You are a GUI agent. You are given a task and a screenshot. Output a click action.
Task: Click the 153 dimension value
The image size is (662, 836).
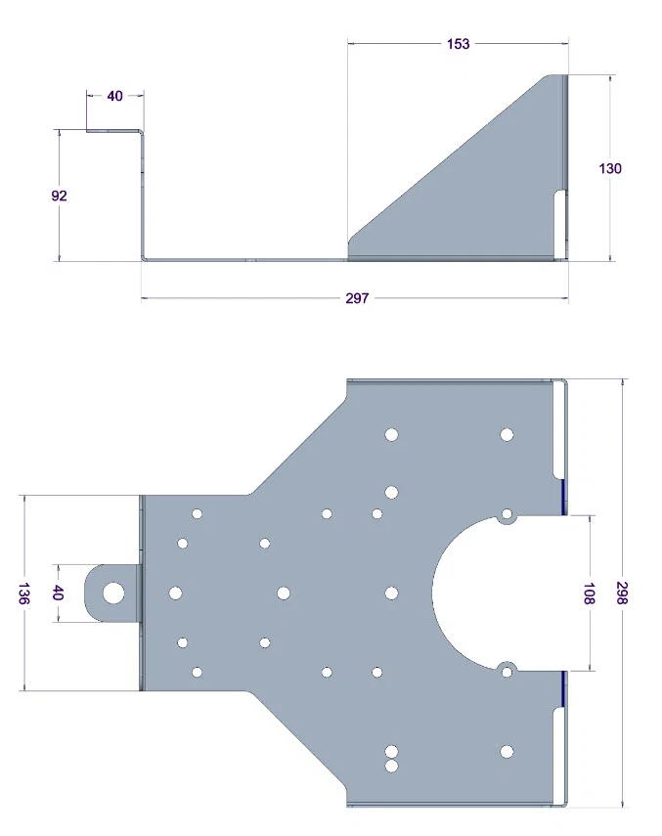tap(459, 44)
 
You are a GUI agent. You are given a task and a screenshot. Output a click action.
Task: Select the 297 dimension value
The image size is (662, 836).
tap(357, 298)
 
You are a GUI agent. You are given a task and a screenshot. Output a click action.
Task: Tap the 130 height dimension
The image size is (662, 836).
tap(610, 168)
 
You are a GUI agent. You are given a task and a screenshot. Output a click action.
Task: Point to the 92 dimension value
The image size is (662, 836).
tap(60, 196)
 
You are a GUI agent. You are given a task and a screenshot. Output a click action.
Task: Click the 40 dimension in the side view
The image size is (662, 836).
tap(115, 96)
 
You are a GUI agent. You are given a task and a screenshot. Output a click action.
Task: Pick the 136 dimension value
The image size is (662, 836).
tap(23, 594)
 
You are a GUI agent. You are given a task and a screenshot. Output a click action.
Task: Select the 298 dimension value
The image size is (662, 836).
tap(622, 593)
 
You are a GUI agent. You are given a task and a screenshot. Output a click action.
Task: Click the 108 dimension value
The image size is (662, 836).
tap(589, 594)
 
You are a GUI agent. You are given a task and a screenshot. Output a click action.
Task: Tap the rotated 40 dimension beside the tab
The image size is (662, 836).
tap(58, 593)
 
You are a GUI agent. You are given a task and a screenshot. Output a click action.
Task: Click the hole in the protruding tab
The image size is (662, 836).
tap(113, 593)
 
